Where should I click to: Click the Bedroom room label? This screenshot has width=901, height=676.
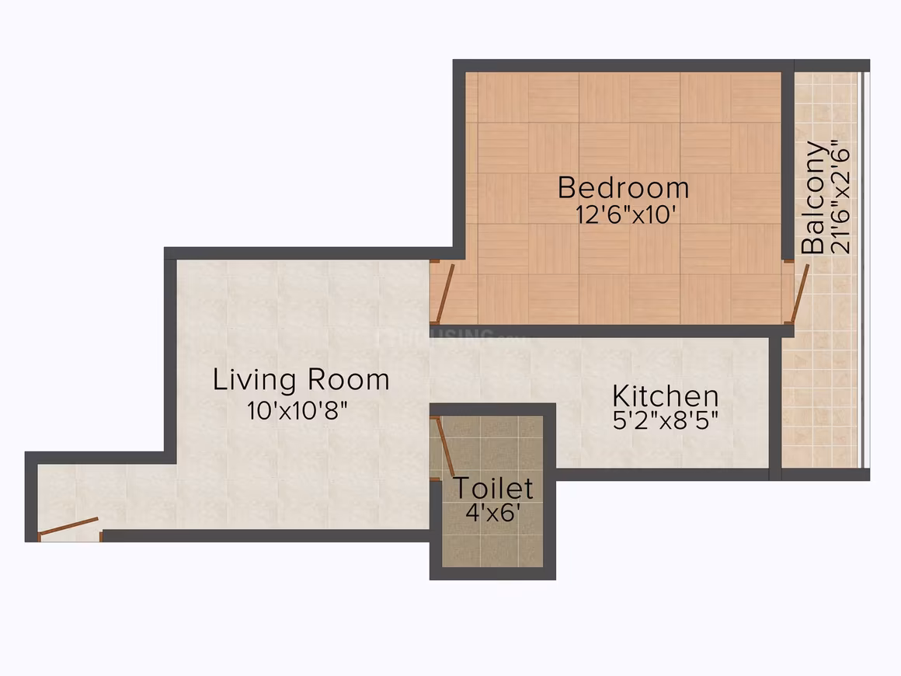pyautogui.click(x=623, y=188)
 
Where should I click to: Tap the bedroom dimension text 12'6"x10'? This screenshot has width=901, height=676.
pyautogui.click(x=624, y=215)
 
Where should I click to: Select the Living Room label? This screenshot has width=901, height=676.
pyautogui.click(x=301, y=379)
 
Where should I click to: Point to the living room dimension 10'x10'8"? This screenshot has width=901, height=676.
pyautogui.click(x=297, y=410)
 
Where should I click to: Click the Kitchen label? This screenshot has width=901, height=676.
pyautogui.click(x=666, y=395)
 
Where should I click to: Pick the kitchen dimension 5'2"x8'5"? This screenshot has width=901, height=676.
pyautogui.click(x=666, y=421)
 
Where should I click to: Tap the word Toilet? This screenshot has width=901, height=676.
pyautogui.click(x=493, y=488)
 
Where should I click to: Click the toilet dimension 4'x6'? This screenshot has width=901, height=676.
pyautogui.click(x=493, y=512)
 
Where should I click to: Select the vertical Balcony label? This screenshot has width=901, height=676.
pyautogui.click(x=813, y=197)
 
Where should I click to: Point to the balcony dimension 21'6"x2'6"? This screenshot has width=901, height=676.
pyautogui.click(x=840, y=197)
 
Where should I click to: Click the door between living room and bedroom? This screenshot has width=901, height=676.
pyautogui.click(x=445, y=294)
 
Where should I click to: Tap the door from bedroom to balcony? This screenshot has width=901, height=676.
pyautogui.click(x=800, y=292)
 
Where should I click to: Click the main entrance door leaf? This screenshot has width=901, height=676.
pyautogui.click(x=68, y=526)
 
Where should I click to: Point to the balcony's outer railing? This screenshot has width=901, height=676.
pyautogui.click(x=864, y=270)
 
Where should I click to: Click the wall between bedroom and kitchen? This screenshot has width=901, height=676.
pyautogui.click(x=612, y=330)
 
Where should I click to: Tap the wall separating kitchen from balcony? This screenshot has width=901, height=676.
pyautogui.click(x=775, y=409)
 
